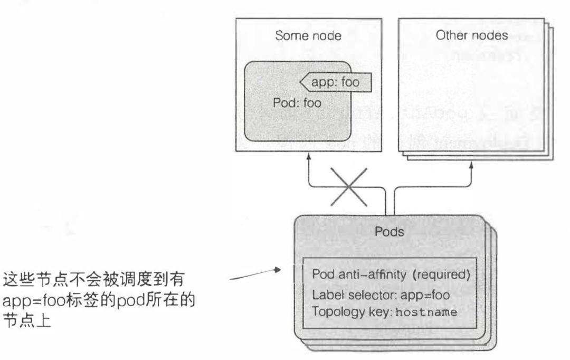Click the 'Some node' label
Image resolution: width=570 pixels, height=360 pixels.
click(308, 36)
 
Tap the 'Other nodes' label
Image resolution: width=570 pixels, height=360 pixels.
click(472, 35)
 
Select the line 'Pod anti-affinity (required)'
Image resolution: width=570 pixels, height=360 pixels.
click(391, 276)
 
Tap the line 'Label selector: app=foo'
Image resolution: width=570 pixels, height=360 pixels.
click(381, 295)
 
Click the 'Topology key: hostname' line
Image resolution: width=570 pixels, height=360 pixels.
click(384, 312)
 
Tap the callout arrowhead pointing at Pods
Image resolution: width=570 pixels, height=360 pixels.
click(277, 270)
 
